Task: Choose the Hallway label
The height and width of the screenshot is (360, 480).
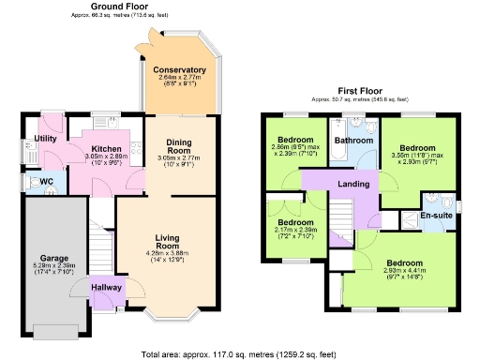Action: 107,288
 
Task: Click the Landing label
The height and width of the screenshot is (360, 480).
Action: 352,184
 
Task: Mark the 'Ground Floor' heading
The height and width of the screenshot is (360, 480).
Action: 122,5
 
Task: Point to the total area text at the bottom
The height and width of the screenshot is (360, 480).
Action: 240,354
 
